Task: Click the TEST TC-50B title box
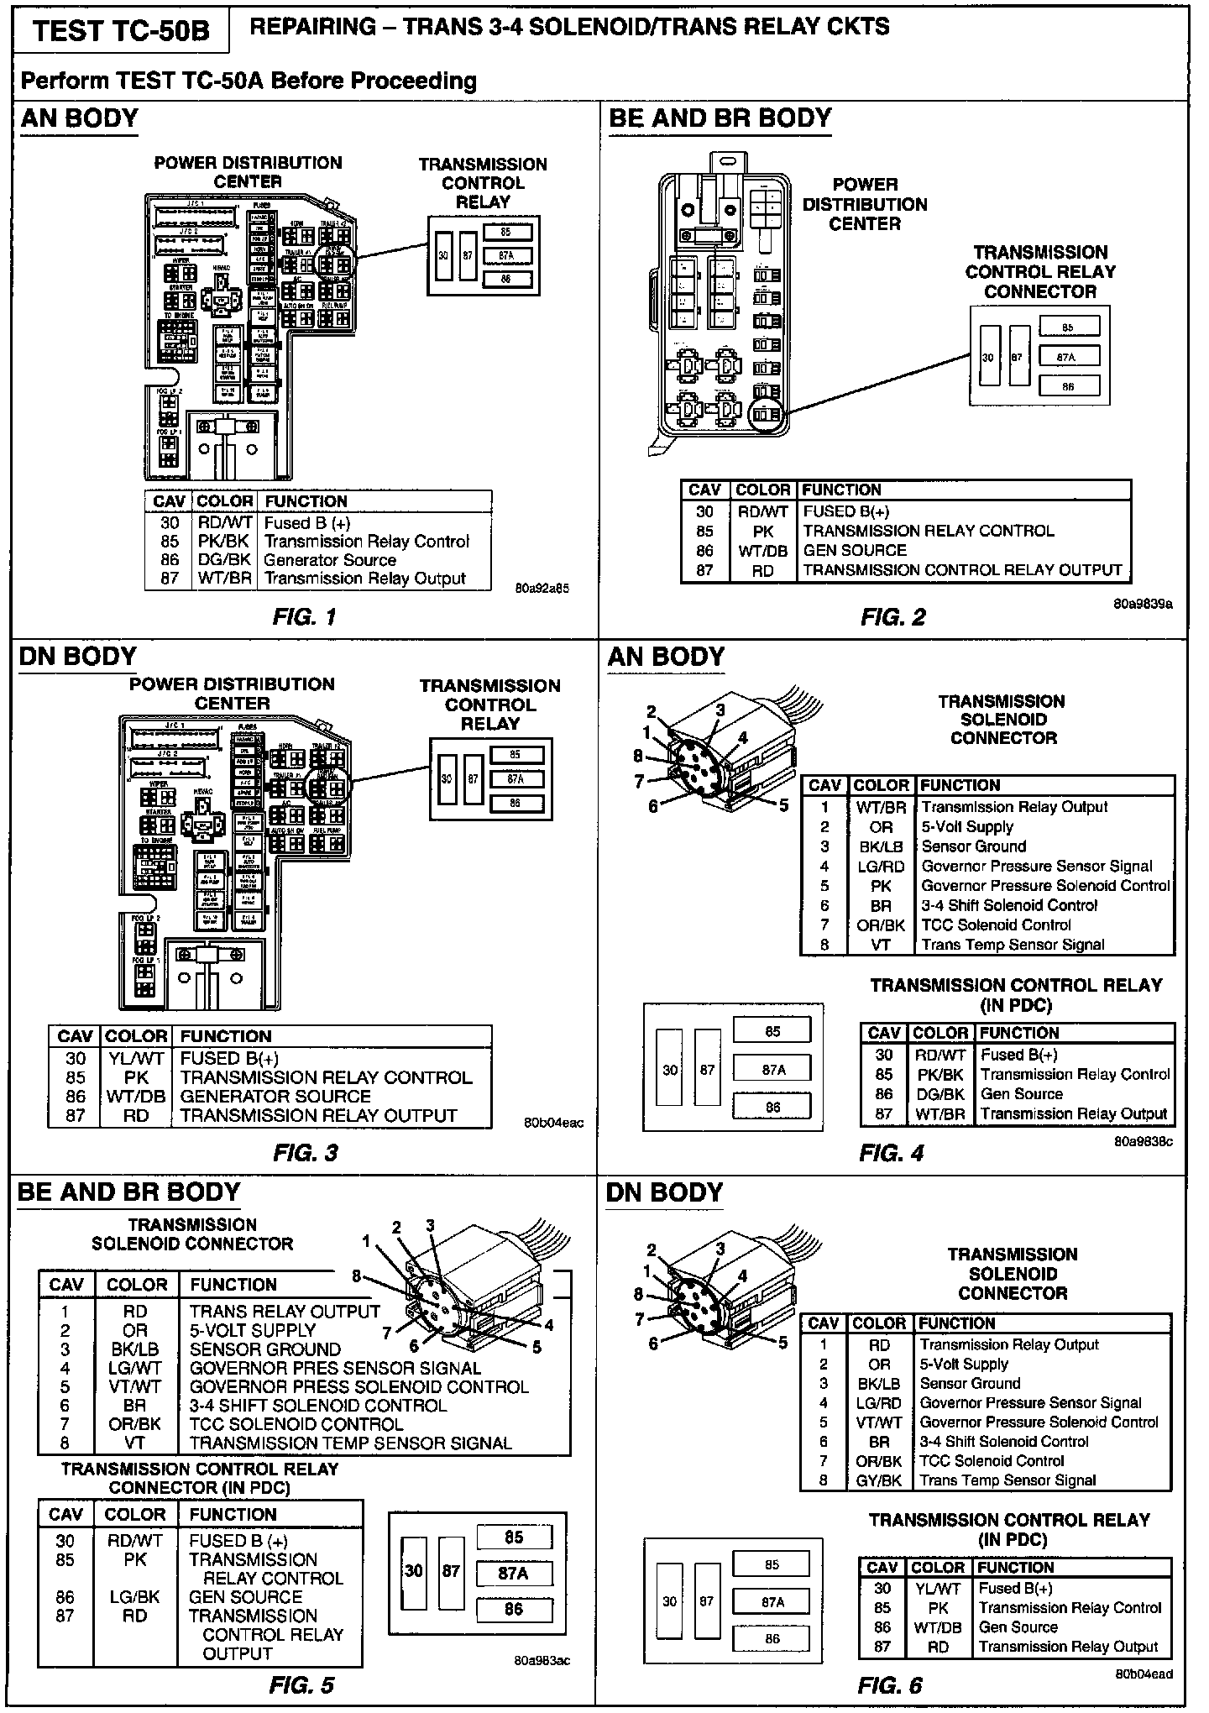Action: [x=121, y=32]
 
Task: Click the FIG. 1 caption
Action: [x=304, y=618]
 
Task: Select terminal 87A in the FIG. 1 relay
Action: [x=505, y=255]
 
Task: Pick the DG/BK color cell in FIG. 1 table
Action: [x=223, y=560]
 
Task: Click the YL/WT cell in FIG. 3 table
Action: [x=135, y=1059]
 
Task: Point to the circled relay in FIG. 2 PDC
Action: [x=764, y=414]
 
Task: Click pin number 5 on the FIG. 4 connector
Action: [x=783, y=805]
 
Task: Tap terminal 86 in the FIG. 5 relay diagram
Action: [x=514, y=1609]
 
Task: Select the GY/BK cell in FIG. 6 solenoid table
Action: [x=879, y=1480]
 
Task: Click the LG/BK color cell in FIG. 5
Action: [x=134, y=1596]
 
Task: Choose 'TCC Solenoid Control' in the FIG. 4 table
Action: [x=996, y=925]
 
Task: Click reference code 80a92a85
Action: [x=542, y=589]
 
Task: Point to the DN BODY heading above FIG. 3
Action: [x=77, y=657]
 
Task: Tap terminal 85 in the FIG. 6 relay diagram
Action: [x=772, y=1564]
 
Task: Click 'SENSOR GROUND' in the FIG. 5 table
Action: [x=264, y=1349]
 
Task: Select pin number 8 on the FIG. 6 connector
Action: [x=638, y=1294]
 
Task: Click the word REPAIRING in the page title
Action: [x=313, y=28]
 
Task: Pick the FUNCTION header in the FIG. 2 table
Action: [x=841, y=490]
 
